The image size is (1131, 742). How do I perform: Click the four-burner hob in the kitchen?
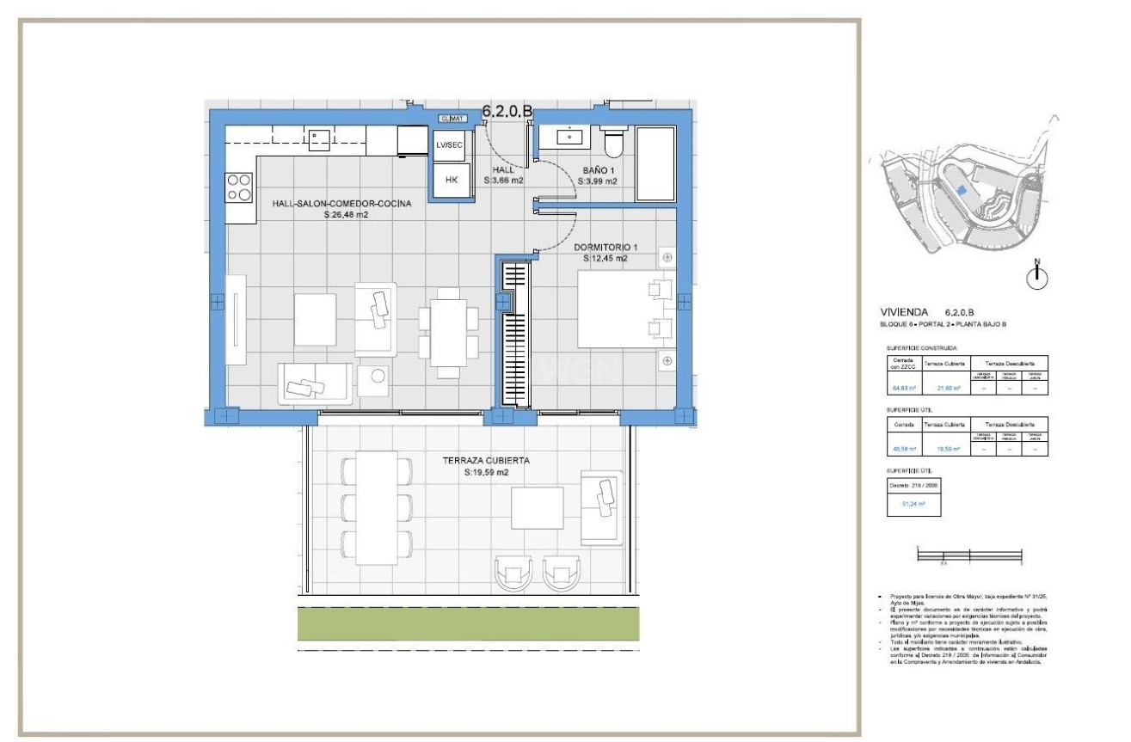tap(238, 187)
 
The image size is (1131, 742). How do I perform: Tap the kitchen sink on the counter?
tap(317, 138)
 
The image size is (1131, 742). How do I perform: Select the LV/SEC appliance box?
tap(451, 145)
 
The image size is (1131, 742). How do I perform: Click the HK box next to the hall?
tap(452, 181)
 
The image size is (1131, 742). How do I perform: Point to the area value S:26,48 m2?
tap(346, 216)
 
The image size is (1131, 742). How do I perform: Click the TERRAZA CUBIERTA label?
tap(486, 461)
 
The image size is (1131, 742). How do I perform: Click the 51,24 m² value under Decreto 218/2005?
tap(913, 504)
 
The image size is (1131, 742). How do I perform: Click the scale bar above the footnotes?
tap(969, 557)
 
